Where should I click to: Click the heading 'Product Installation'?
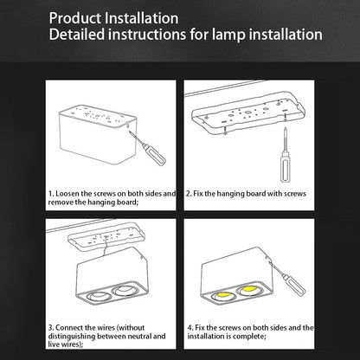(113, 18)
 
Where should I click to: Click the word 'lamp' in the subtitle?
(229, 35)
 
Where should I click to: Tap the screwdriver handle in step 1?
(155, 156)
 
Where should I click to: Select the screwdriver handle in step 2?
(286, 168)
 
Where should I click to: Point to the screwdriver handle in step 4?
(294, 286)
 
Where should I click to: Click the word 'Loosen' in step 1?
(67, 194)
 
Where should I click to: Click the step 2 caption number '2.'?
(189, 194)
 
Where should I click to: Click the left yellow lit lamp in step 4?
(223, 295)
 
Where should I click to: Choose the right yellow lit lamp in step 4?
(251, 289)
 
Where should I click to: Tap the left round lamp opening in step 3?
(99, 296)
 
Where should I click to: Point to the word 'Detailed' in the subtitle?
(77, 35)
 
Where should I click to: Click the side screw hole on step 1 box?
(128, 125)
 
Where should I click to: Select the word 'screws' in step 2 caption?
(295, 194)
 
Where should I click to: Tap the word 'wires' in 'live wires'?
(71, 344)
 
